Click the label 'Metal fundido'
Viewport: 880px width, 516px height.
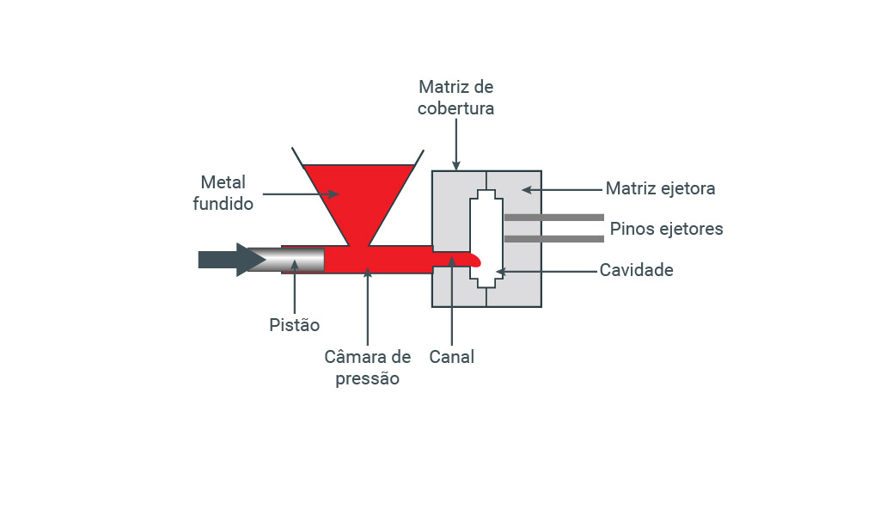click(223, 193)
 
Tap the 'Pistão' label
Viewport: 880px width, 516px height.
click(294, 325)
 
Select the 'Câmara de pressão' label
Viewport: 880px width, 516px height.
click(367, 367)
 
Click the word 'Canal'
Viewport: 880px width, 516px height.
click(452, 356)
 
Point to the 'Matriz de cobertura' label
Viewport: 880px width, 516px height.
click(455, 98)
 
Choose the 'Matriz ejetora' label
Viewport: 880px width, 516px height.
click(660, 188)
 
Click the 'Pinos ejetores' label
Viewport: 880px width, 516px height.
click(666, 229)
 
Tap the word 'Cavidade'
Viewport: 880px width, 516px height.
click(636, 270)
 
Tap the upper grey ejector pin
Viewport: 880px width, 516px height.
click(553, 218)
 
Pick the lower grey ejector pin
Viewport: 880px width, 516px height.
click(553, 238)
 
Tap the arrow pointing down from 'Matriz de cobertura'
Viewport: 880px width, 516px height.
click(455, 143)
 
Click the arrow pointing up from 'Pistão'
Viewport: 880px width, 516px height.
click(294, 289)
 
